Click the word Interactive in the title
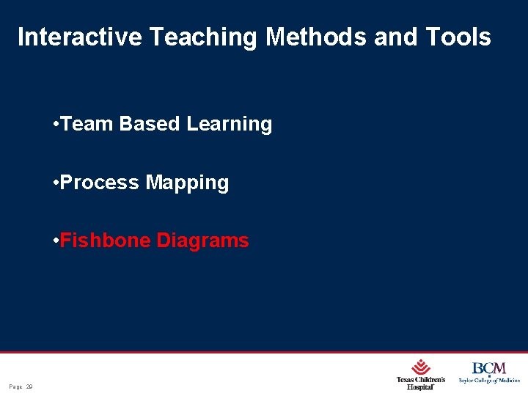[79, 37]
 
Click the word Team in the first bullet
[87, 124]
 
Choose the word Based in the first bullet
[150, 124]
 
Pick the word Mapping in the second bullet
[187, 183]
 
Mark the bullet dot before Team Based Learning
[56, 124]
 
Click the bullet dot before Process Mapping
[56, 182]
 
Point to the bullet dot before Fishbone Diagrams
[56, 241]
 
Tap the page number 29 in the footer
[30, 386]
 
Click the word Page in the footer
[15, 386]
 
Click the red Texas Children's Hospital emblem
[420, 367]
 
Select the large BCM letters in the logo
[488, 368]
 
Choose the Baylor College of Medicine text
[489, 381]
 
